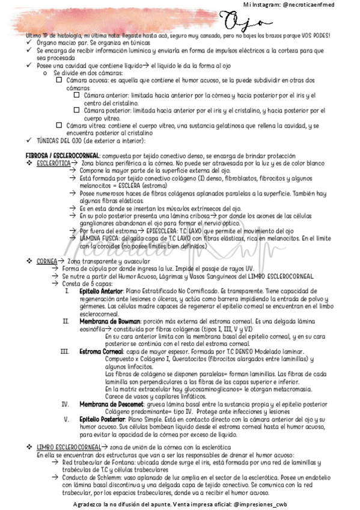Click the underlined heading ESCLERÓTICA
pyautogui.click(x=52, y=164)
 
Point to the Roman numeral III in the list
pyautogui.click(x=65, y=351)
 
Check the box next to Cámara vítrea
pyautogui.click(x=58, y=125)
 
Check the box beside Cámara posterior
pyautogui.click(x=76, y=111)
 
